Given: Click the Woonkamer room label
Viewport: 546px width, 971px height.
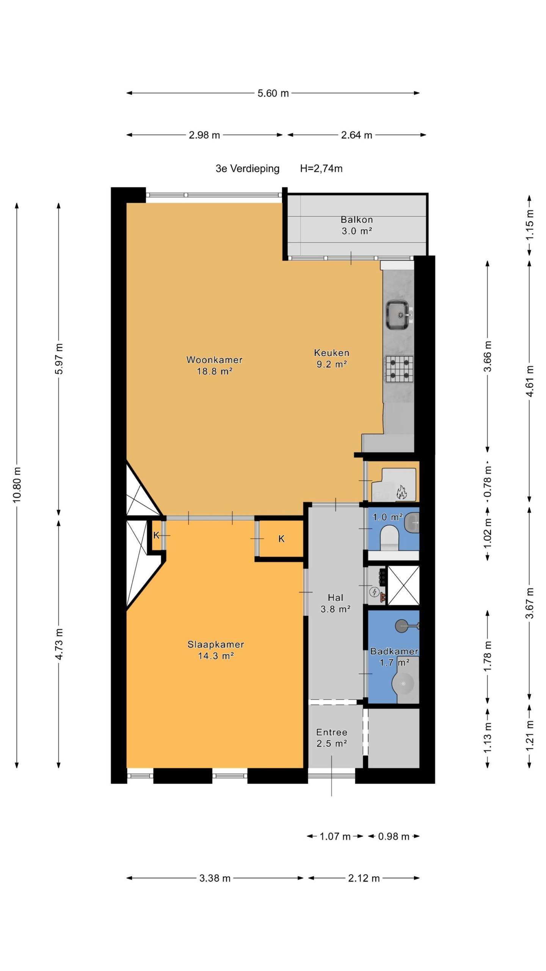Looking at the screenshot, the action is [x=214, y=360].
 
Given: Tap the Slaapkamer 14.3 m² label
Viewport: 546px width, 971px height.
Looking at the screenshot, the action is [x=216, y=650].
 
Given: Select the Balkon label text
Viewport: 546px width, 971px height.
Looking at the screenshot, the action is [x=356, y=220].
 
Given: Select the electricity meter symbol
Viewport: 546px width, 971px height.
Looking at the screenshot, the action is [x=374, y=592].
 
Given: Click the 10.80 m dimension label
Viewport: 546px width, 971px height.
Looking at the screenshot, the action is [x=17, y=485].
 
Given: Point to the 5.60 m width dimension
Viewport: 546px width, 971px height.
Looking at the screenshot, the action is [x=273, y=93].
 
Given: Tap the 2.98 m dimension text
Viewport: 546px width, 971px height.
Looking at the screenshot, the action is [x=204, y=135].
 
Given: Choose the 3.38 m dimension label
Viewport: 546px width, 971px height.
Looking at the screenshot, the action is [x=215, y=878].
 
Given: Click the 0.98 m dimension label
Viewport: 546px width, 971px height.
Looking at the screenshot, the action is [x=394, y=836].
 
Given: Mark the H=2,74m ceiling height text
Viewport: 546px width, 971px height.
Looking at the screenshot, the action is [x=321, y=169].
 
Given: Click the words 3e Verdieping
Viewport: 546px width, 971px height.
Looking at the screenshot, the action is [x=248, y=169].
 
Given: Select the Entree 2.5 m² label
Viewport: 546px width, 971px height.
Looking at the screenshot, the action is [x=332, y=738].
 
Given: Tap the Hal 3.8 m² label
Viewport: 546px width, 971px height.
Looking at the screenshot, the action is [x=336, y=603].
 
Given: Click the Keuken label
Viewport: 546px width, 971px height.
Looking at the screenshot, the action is [x=332, y=353].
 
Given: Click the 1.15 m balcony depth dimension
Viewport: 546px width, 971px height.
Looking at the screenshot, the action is [x=530, y=224].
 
